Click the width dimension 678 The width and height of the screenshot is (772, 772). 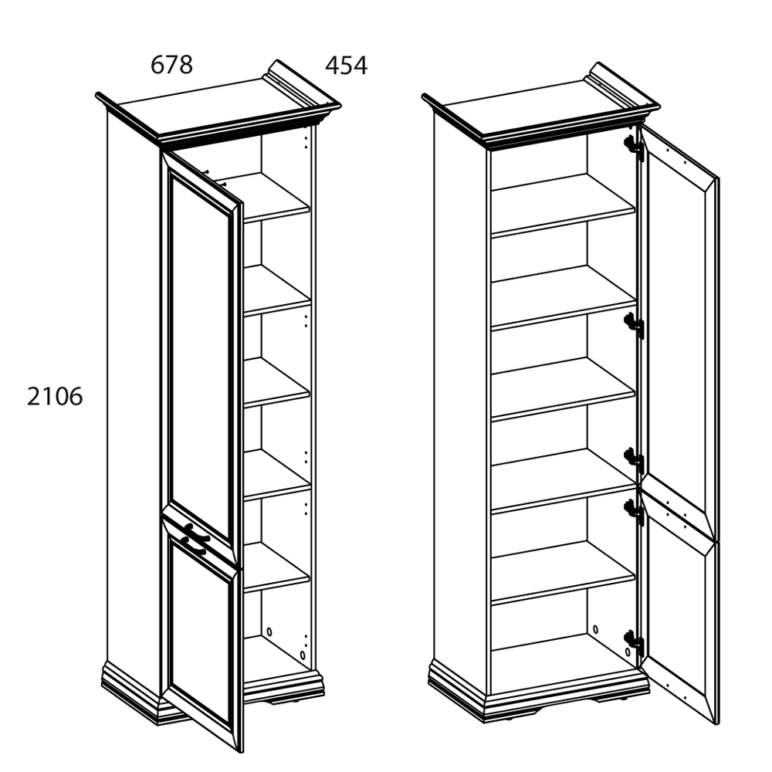click(171, 65)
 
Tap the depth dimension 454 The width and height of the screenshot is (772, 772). click(346, 66)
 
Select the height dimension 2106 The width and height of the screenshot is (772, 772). click(55, 396)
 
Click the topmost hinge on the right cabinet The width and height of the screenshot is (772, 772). click(634, 147)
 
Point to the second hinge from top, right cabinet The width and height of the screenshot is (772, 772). click(634, 325)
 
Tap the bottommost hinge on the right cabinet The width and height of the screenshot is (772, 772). click(634, 642)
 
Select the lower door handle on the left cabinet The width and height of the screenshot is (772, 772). click(193, 546)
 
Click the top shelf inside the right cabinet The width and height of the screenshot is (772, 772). click(563, 204)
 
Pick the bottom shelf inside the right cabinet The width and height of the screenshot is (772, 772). click(563, 573)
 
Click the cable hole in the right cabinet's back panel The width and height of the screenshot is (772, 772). click(595, 629)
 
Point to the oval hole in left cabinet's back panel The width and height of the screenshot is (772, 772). click(269, 631)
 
